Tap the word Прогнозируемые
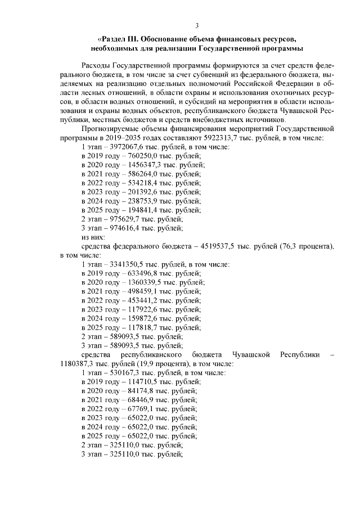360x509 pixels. click(111, 129)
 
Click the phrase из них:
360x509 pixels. click(93, 237)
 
